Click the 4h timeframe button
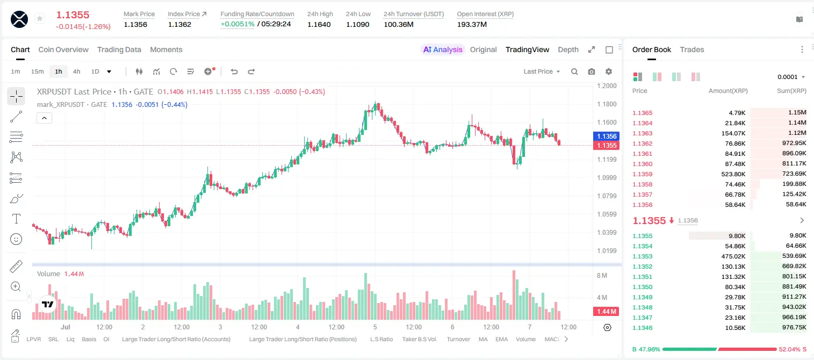click(76, 71)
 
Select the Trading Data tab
click(119, 50)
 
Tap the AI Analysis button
click(443, 50)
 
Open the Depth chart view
click(568, 50)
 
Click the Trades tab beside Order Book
click(692, 50)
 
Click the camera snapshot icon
click(592, 71)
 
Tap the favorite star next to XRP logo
click(40, 18)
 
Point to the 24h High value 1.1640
click(319, 24)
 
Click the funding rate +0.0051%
click(237, 24)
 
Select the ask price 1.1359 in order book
click(643, 174)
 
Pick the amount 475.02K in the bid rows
click(733, 256)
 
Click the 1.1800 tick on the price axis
click(607, 104)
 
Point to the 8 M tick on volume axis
click(602, 276)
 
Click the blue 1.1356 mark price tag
click(607, 136)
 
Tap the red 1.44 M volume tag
click(606, 311)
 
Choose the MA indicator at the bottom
click(483, 339)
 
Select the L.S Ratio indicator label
click(381, 339)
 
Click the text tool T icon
click(16, 219)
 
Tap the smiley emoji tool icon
click(16, 239)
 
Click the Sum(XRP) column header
click(791, 91)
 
